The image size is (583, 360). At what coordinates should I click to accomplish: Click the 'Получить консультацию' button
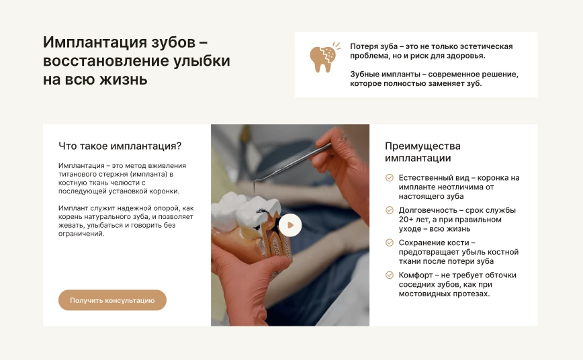pyautogui.click(x=112, y=300)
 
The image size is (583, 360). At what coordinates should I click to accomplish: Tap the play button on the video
pyautogui.click(x=290, y=225)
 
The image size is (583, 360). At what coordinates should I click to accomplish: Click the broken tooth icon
pyautogui.click(x=324, y=57)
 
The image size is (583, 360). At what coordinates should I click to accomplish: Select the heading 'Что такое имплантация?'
pyautogui.click(x=120, y=146)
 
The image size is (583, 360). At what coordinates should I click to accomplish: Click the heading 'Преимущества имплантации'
pyautogui.click(x=422, y=152)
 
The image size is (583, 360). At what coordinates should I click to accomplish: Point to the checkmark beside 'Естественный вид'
pyautogui.click(x=390, y=178)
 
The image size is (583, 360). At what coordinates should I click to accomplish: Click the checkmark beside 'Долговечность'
pyautogui.click(x=390, y=210)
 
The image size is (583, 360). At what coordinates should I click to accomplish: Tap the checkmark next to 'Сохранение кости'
pyautogui.click(x=390, y=242)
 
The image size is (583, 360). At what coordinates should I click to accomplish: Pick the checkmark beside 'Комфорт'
pyautogui.click(x=390, y=275)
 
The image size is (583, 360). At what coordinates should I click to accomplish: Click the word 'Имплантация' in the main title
pyautogui.click(x=95, y=42)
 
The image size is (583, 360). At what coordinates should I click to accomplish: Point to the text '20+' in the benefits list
pyautogui.click(x=406, y=220)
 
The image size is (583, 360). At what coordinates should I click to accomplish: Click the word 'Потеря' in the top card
pyautogui.click(x=363, y=46)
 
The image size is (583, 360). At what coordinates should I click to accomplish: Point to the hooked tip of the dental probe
pyautogui.click(x=255, y=188)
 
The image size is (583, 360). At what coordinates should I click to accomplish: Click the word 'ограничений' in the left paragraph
pyautogui.click(x=81, y=234)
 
